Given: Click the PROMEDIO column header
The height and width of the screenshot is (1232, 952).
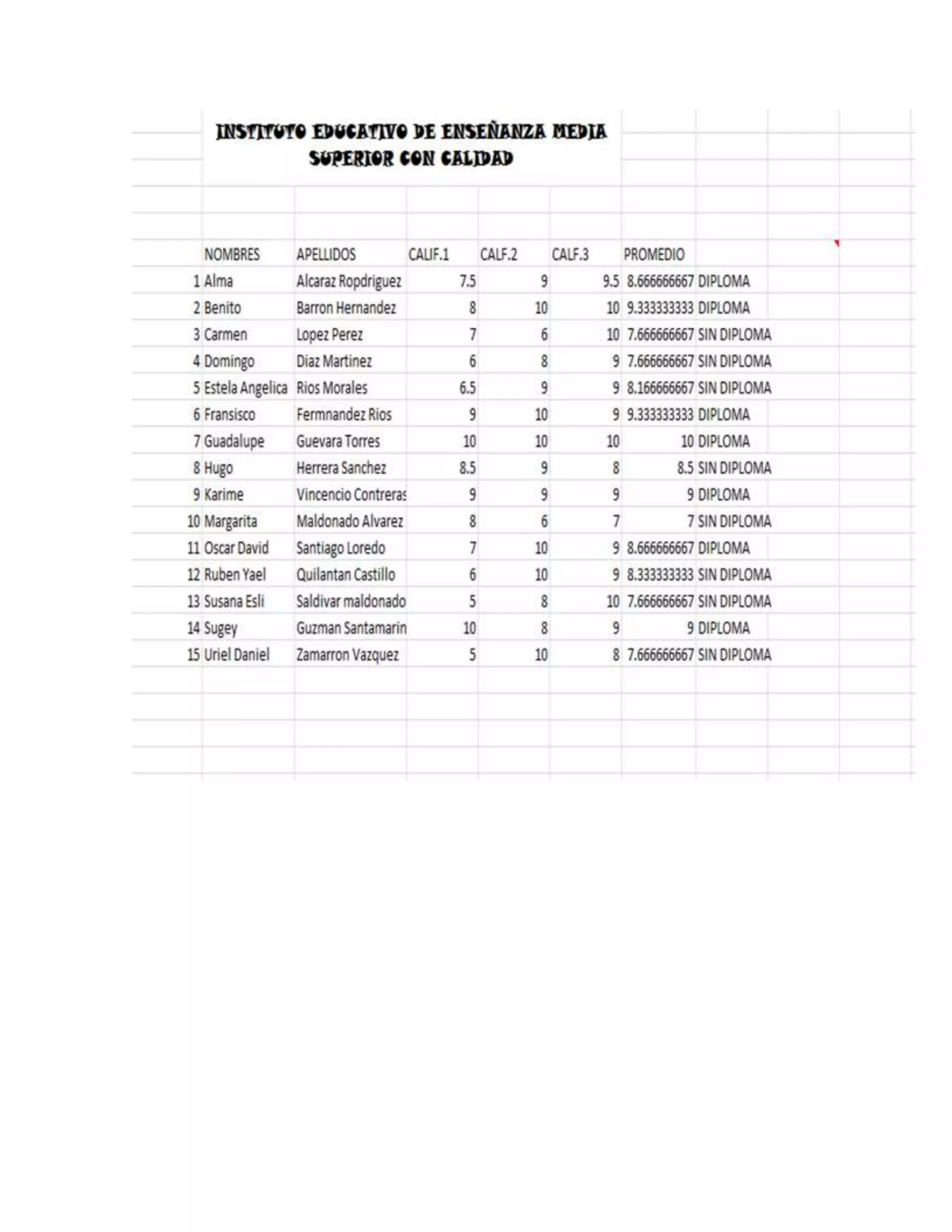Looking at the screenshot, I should tap(654, 254).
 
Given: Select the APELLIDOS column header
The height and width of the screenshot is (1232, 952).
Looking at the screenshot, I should tap(326, 254).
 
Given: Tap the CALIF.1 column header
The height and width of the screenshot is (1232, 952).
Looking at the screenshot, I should tap(429, 254).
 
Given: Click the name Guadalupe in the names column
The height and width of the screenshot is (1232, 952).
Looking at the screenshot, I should tap(233, 441).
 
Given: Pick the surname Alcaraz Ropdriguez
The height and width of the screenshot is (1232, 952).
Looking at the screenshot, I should tap(349, 281).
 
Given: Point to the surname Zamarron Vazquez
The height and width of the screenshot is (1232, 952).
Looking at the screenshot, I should tap(347, 655).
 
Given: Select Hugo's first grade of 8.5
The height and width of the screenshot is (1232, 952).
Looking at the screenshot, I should tap(468, 468).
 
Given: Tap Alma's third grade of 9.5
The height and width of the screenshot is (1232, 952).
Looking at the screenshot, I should tap(611, 281).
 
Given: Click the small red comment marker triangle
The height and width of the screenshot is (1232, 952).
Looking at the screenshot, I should tap(837, 243).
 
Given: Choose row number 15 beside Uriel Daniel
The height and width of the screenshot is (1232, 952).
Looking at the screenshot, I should tap(193, 655).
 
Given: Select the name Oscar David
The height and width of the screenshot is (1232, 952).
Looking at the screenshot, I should tap(236, 548).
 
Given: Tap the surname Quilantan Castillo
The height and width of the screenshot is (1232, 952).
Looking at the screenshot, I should tap(346, 575).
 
